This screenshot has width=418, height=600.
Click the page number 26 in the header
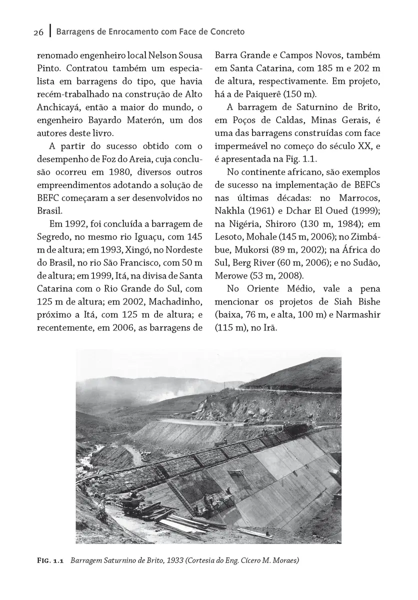(x=38, y=32)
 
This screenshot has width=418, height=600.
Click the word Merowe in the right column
(x=229, y=276)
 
